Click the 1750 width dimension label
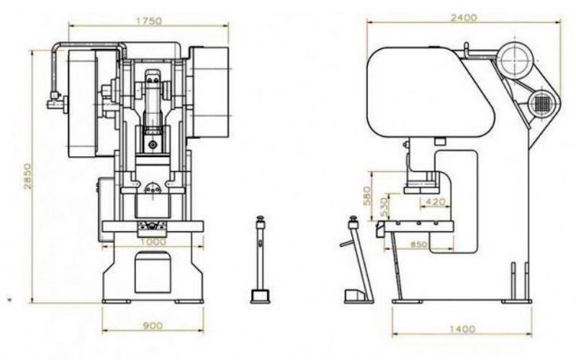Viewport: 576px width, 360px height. click(149, 21)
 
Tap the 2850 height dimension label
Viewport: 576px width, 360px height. click(27, 176)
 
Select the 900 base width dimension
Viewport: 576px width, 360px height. click(153, 325)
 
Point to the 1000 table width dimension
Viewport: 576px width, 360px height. click(153, 242)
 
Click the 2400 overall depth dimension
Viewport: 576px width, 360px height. click(464, 17)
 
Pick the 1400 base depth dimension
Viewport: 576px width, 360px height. click(462, 329)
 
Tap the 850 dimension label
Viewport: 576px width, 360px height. click(418, 245)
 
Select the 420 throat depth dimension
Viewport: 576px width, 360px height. click(435, 202)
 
